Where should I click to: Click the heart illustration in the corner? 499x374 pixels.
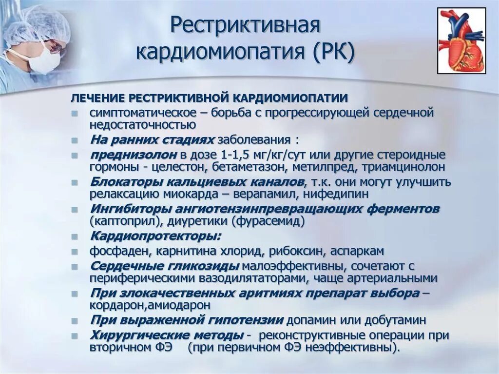coord(461,40)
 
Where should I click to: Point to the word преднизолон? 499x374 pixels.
coord(133,155)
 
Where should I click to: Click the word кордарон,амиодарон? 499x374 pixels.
coord(150,305)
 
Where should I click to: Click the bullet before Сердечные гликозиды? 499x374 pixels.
coord(74,267)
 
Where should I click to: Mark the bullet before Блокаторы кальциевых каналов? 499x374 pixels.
coord(74,182)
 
